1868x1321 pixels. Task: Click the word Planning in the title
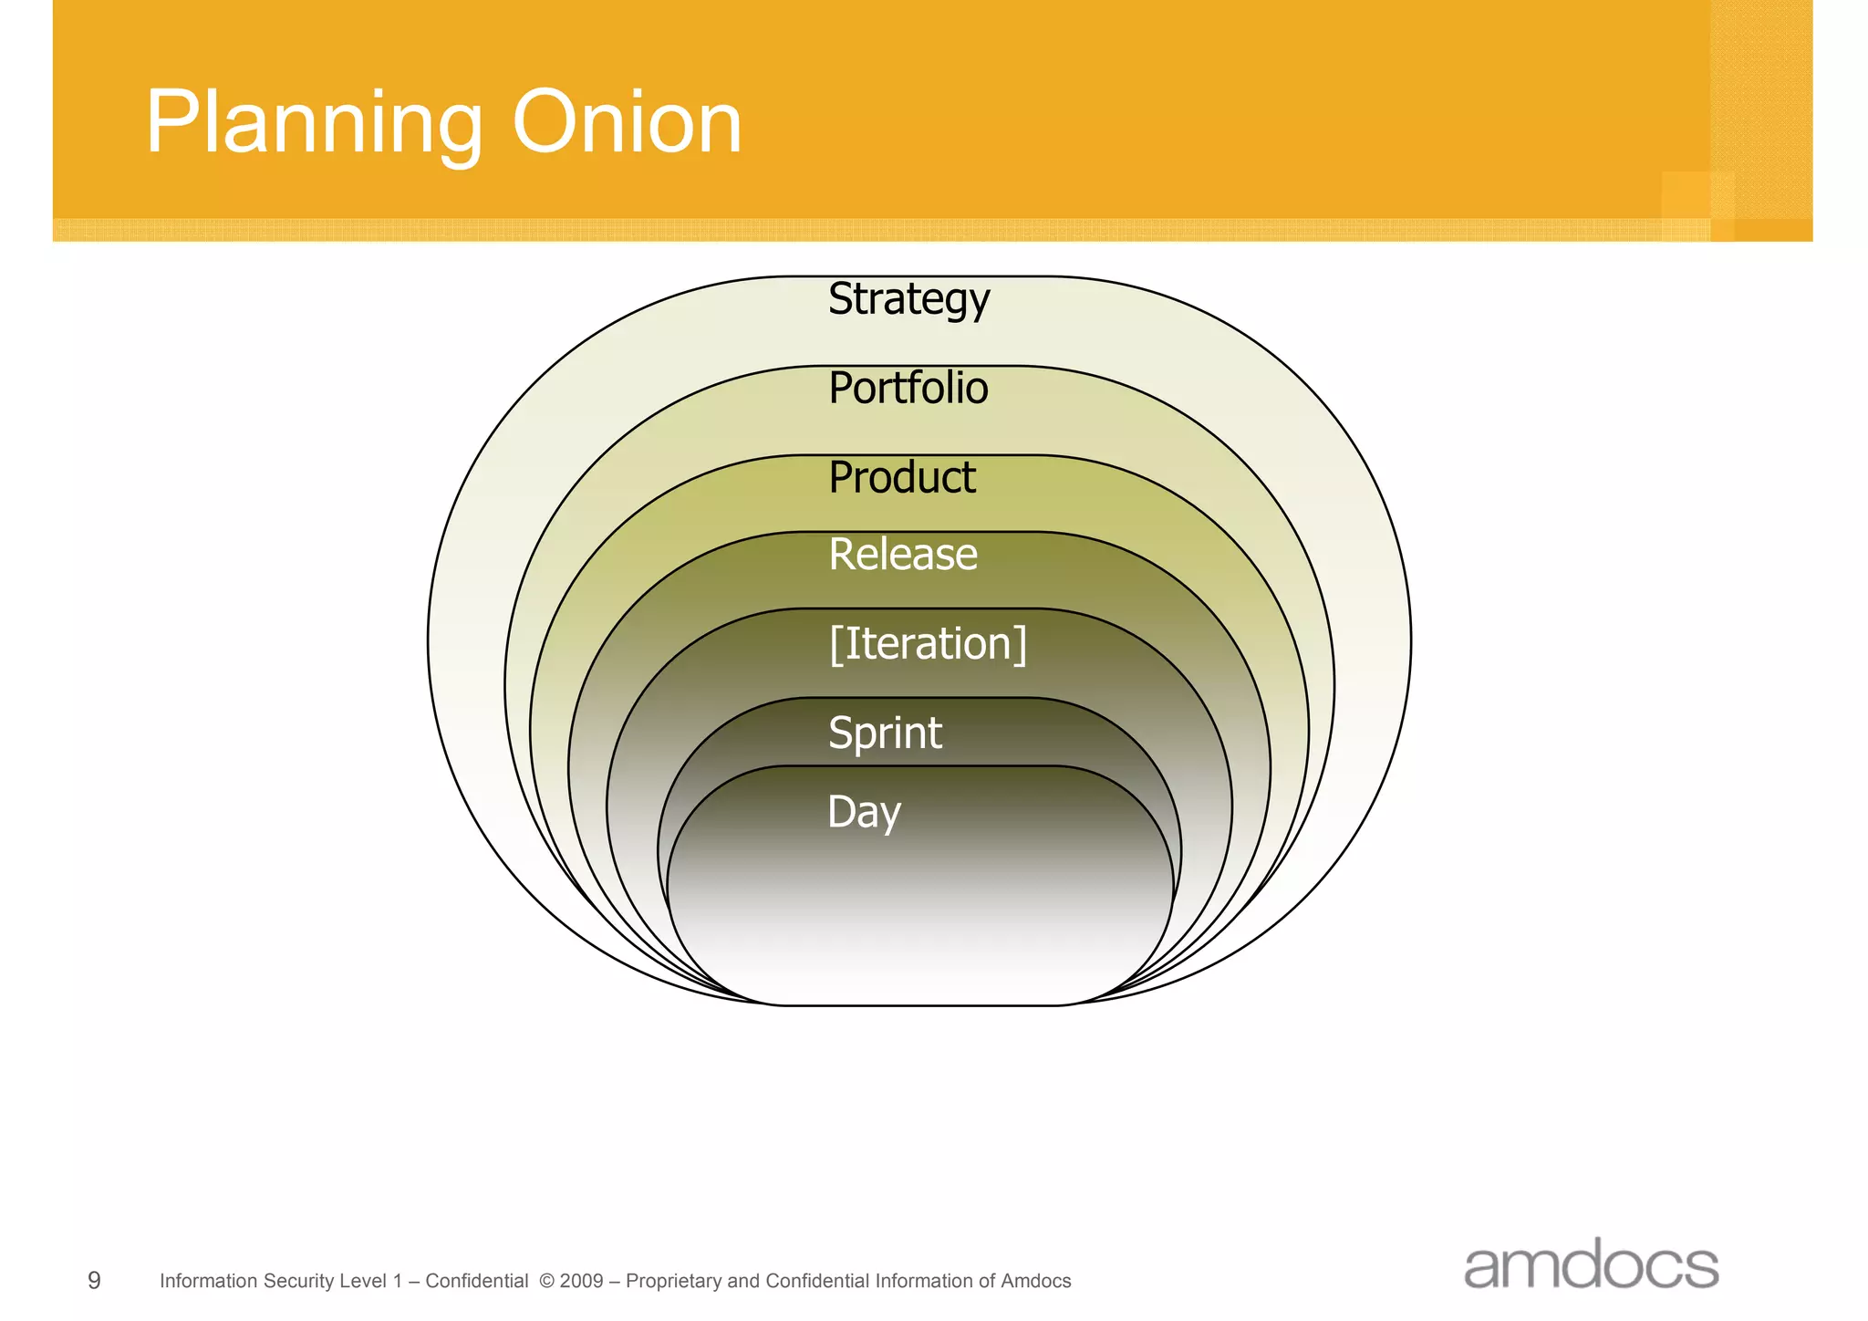[x=313, y=124]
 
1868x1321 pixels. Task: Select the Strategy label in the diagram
[x=908, y=299]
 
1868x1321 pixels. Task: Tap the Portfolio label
[x=908, y=388]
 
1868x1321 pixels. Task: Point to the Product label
[x=902, y=477]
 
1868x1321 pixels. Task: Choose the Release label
[x=903, y=554]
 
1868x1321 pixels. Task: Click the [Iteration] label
[x=928, y=643]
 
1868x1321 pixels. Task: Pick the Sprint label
[x=885, y=733]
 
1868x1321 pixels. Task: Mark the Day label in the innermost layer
[x=864, y=812]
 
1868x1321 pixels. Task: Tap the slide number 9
[x=94, y=1281]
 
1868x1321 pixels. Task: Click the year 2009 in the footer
[x=581, y=1281]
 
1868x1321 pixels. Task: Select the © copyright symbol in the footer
[x=547, y=1281]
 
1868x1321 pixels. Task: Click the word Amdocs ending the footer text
[x=1036, y=1281]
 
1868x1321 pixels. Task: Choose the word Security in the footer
[x=294, y=1281]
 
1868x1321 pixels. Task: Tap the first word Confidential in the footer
[x=477, y=1281]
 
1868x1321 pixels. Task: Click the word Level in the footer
[x=363, y=1281]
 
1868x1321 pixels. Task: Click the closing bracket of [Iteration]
[x=1021, y=644]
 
